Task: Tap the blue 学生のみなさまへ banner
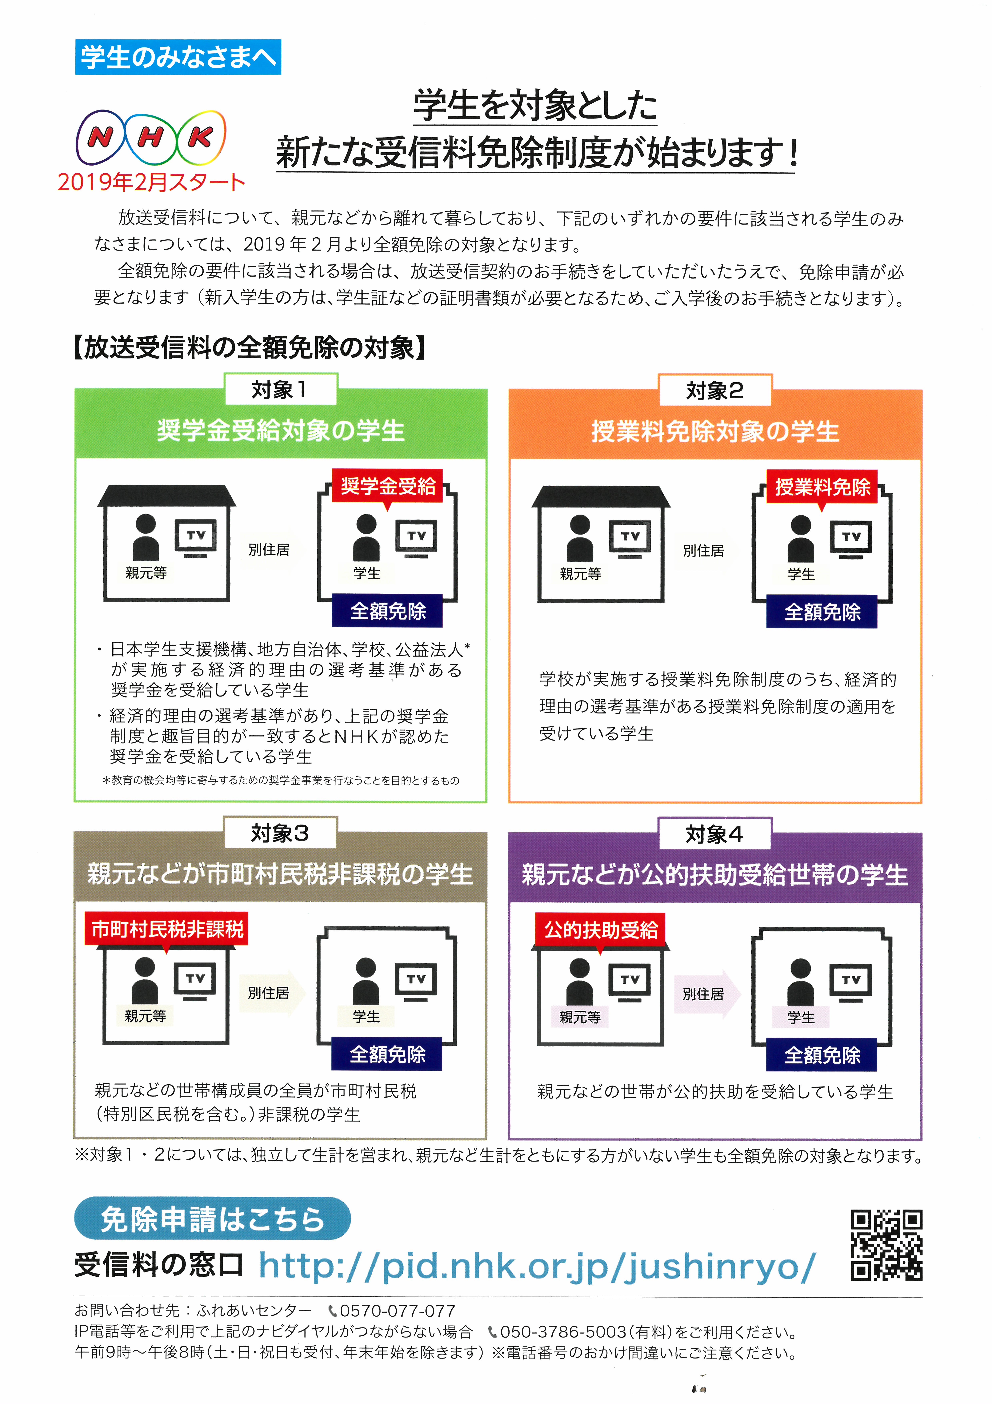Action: click(x=178, y=57)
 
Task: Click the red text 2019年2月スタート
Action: click(x=151, y=182)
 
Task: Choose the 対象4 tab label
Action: click(x=715, y=833)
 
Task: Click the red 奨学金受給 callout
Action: click(x=388, y=486)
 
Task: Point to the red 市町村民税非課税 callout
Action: click(x=167, y=929)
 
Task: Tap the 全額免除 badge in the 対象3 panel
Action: click(x=388, y=1054)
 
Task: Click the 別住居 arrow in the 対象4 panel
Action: click(x=707, y=994)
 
